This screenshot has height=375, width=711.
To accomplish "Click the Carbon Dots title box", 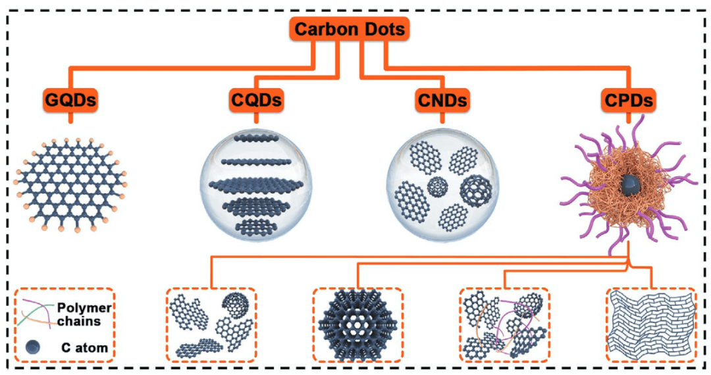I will pos(350,30).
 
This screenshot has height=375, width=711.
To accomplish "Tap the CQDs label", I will pos(257,101).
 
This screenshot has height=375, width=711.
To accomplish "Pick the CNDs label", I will pos(442,101).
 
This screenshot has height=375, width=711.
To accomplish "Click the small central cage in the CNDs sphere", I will pos(438,186).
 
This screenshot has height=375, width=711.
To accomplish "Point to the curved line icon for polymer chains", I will pos(37,313).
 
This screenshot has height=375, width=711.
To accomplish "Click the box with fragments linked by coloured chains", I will pos(504,324).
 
